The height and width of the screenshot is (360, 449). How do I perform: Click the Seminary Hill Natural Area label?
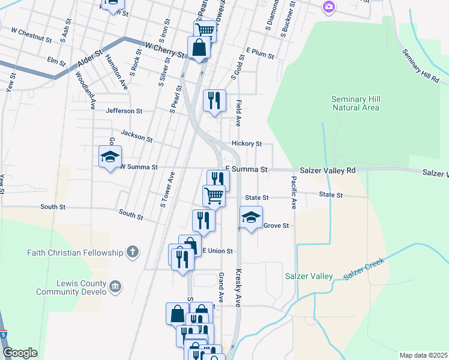(355, 103)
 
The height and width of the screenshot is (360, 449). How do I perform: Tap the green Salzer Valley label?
(309, 276)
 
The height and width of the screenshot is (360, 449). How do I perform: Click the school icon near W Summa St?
(110, 157)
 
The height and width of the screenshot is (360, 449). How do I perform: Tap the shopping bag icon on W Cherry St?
(199, 47)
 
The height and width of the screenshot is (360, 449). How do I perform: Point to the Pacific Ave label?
(294, 192)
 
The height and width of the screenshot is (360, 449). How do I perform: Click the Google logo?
(20, 353)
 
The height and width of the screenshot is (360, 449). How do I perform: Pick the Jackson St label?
(136, 136)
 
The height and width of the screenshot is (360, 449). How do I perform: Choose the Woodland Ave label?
(85, 90)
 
